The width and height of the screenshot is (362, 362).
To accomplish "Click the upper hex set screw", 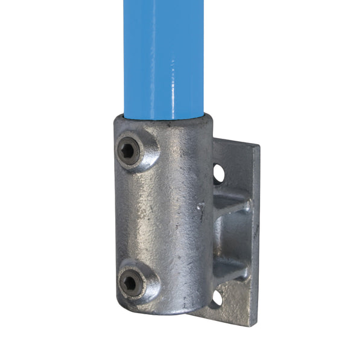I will click(129, 151).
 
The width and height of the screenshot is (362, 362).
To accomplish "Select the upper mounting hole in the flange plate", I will click(218, 174).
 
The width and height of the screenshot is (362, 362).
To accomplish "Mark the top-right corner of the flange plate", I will click(258, 147).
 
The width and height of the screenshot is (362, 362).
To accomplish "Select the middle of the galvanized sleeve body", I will click(169, 217).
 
